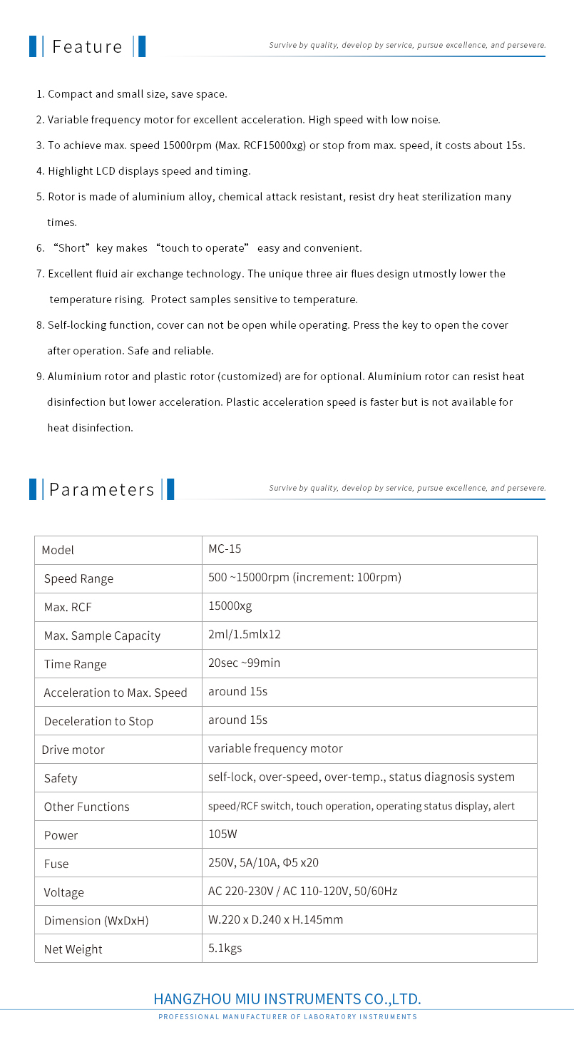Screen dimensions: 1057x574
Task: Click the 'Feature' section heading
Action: pos(87,47)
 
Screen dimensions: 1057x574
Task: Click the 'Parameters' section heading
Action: pos(101,490)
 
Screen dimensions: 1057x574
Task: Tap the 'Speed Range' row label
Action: pos(78,578)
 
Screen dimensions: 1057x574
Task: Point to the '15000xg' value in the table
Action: pos(230,606)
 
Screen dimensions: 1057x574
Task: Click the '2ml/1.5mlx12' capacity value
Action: pos(245,635)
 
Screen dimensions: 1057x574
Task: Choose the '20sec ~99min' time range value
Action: pos(244,663)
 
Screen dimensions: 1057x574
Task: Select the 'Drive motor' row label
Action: pos(73,750)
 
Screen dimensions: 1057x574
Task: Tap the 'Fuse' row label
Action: pos(56,864)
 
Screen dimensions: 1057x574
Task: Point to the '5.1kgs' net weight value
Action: pos(225,949)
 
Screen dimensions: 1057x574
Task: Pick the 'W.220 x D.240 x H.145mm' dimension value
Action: pos(275,920)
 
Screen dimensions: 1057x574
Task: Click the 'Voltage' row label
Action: pos(63,892)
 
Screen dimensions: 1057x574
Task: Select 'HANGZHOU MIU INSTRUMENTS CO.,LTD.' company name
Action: pos(287,999)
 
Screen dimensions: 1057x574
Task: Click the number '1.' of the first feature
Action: pos(40,94)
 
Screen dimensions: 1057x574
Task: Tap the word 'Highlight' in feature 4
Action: pos(70,171)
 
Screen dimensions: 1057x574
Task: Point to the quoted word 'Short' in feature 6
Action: pos(71,248)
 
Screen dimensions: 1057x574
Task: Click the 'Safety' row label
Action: pos(61,778)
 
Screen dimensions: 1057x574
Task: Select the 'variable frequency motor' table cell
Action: pos(275,749)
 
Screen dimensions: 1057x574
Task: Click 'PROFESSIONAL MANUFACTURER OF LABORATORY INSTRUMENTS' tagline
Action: pos(287,1017)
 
